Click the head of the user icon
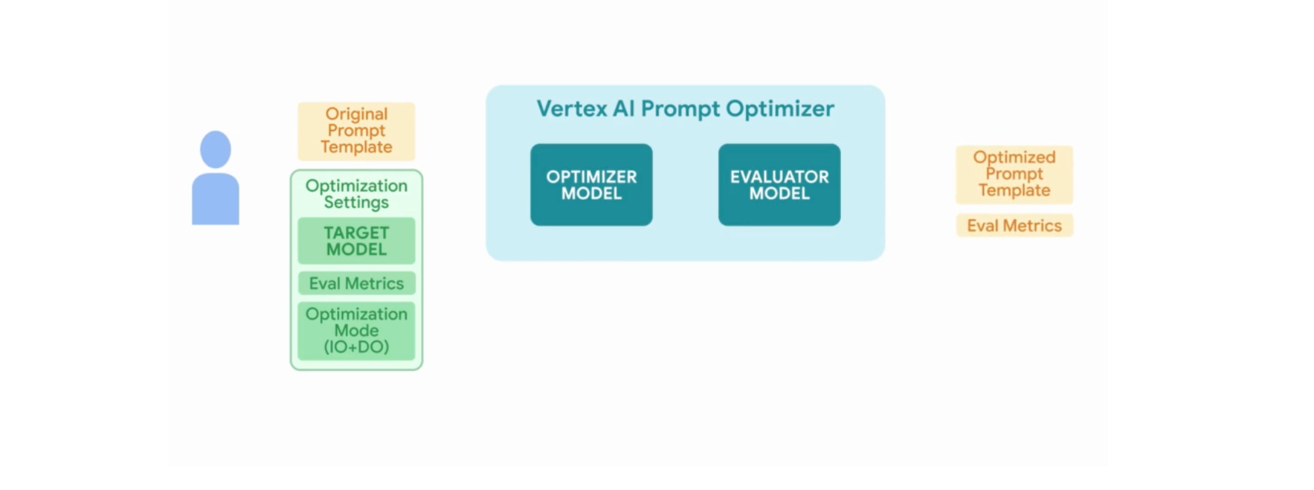coord(215,149)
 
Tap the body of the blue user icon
coord(215,199)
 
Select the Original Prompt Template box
coord(356,131)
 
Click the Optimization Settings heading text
coord(356,194)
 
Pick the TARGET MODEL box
coord(356,241)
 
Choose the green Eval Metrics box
coord(356,283)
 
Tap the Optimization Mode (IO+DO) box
coord(356,331)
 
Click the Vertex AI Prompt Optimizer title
coord(685,108)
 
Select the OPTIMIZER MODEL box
coord(591,185)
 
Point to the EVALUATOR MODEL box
coord(779,185)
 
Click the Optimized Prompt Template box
coord(1014,174)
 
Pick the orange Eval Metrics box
coord(1014,226)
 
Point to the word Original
coord(356,114)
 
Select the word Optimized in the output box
coord(1014,157)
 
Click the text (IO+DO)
coord(356,347)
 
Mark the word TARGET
coord(356,233)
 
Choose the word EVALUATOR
coord(779,177)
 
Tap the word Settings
coord(356,202)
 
